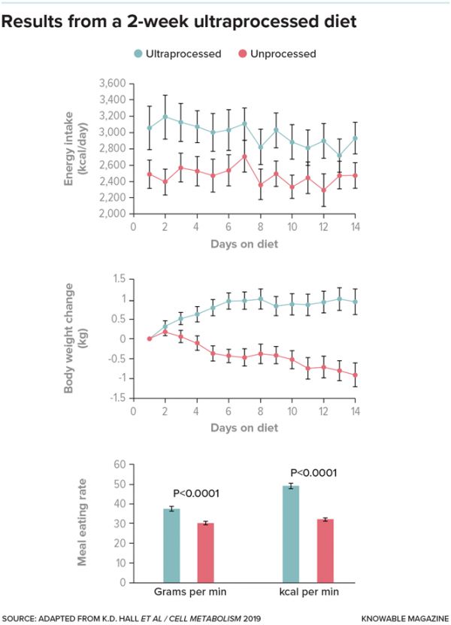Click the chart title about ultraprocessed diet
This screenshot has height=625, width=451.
pyautogui.click(x=179, y=22)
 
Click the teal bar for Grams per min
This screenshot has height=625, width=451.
pyautogui.click(x=172, y=545)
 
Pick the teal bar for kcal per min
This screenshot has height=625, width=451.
pyautogui.click(x=290, y=534)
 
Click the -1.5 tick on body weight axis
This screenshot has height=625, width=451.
pyautogui.click(x=117, y=398)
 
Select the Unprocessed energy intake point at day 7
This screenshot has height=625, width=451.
pyautogui.click(x=244, y=156)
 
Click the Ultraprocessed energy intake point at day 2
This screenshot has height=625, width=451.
pyautogui.click(x=165, y=117)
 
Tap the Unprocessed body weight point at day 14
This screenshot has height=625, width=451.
pyautogui.click(x=355, y=375)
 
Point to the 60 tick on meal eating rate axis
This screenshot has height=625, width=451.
pyautogui.click(x=118, y=465)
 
